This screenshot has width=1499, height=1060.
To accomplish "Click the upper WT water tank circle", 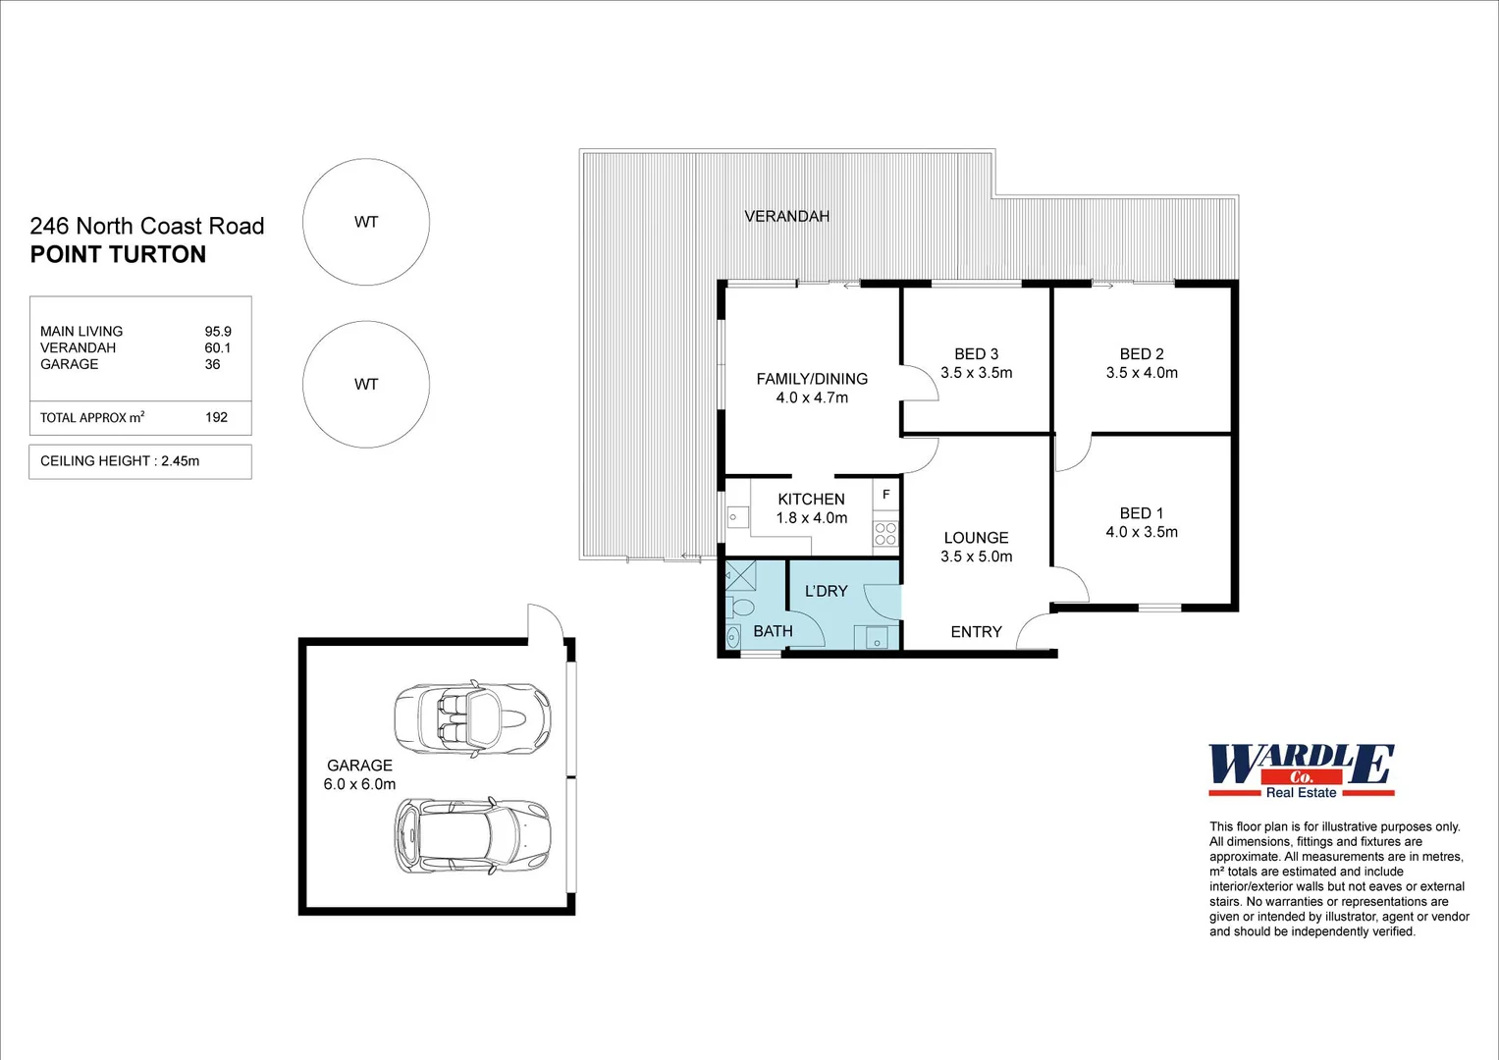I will pyautogui.click(x=366, y=222).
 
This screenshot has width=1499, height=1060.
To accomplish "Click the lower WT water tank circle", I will pyautogui.click(x=366, y=384).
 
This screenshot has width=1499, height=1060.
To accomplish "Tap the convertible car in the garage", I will pyautogui.click(x=471, y=718).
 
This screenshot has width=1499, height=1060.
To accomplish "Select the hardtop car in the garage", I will pyautogui.click(x=471, y=836).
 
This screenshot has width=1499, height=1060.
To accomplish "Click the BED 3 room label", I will pyautogui.click(x=976, y=354).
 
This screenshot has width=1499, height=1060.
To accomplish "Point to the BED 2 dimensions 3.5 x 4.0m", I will pyautogui.click(x=1141, y=373).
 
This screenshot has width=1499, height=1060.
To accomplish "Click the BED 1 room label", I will pyautogui.click(x=1141, y=513).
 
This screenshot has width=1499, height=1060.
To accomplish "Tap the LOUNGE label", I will pyautogui.click(x=976, y=538).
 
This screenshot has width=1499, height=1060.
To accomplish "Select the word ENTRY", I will pyautogui.click(x=976, y=632).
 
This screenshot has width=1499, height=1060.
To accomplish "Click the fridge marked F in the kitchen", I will pyautogui.click(x=885, y=495).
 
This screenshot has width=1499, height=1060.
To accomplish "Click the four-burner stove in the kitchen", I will pyautogui.click(x=885, y=534).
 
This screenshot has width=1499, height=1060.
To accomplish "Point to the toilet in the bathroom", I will pyautogui.click(x=741, y=607).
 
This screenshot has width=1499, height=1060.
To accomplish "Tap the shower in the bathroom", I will pyautogui.click(x=740, y=575).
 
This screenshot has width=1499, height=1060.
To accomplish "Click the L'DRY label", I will pyautogui.click(x=826, y=591).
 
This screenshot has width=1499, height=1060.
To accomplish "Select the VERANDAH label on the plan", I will pyautogui.click(x=786, y=216).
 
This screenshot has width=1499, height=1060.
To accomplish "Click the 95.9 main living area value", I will pyautogui.click(x=218, y=332).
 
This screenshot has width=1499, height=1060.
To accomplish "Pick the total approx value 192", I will pyautogui.click(x=216, y=417).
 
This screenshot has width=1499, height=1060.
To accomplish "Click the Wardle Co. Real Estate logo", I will pyautogui.click(x=1301, y=770).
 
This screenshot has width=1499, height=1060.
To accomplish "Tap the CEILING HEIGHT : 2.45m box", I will pyautogui.click(x=140, y=461).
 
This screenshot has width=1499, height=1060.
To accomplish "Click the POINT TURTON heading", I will pyautogui.click(x=118, y=254).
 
